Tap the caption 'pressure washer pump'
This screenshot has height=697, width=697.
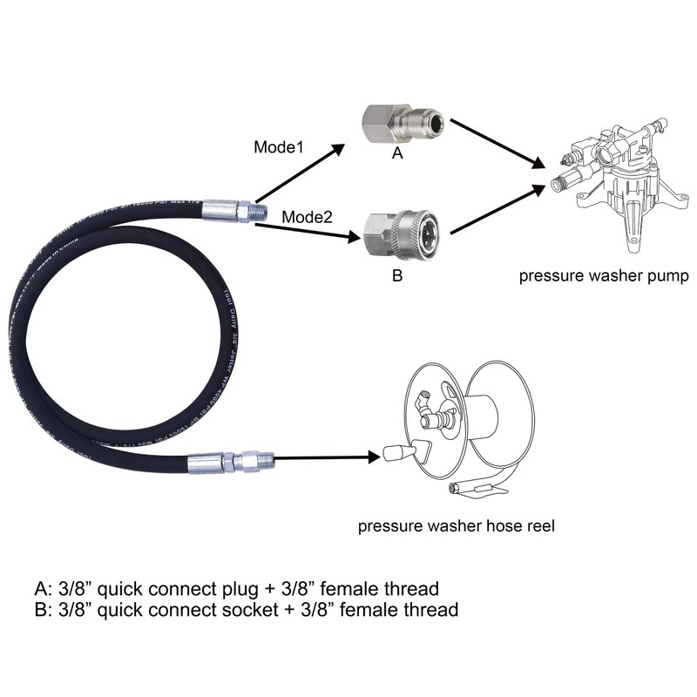click(x=605, y=277)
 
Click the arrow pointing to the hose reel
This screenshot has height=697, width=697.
click(x=326, y=456)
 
